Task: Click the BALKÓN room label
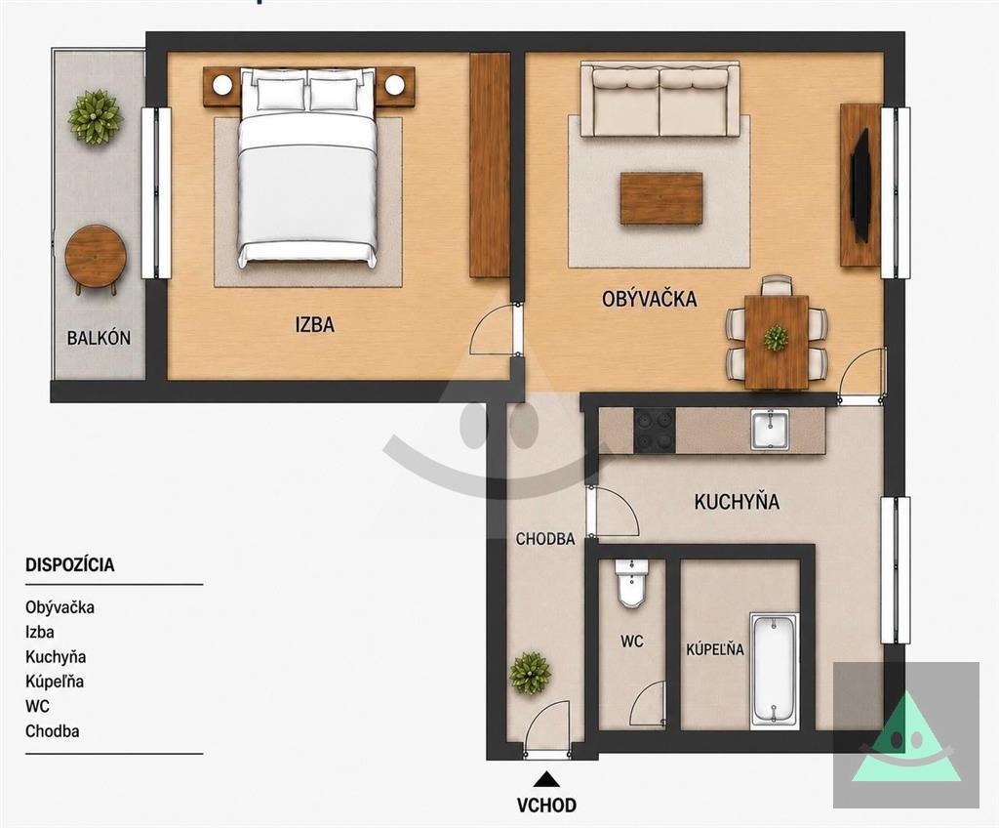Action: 99,338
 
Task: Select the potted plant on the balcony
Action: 96,117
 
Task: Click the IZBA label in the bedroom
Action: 315,325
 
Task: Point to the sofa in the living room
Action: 659,100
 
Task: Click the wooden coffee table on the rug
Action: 661,198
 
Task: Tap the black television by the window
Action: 860,185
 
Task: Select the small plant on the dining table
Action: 776,338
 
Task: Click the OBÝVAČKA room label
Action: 649,299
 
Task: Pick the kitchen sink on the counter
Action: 770,430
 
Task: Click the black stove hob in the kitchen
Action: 655,431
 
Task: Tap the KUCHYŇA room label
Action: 737,502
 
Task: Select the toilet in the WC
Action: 631,583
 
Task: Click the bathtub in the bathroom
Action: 774,671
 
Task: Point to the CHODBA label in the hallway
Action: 545,539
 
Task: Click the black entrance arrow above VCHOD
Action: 546,779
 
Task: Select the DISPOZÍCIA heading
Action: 70,564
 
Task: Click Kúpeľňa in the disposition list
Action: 55,682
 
